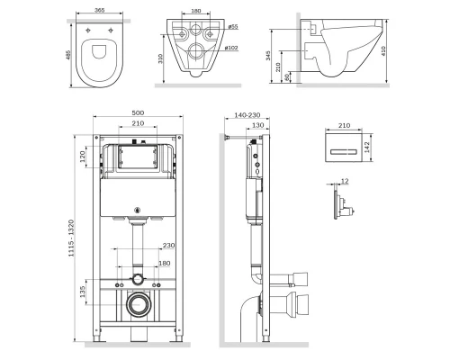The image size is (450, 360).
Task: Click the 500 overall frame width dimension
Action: click(x=138, y=113)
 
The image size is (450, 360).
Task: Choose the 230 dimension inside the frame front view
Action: click(x=168, y=246)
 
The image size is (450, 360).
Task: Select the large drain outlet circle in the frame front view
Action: click(x=138, y=302)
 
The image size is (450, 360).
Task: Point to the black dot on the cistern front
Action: click(x=138, y=212)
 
